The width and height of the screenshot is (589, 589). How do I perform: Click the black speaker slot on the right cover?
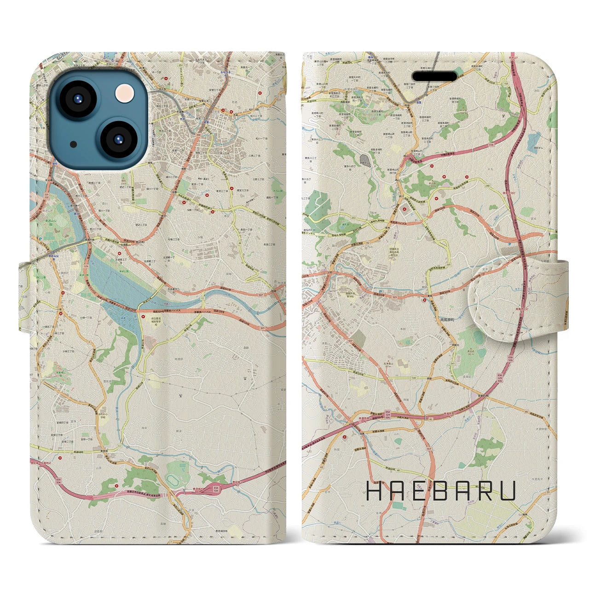click(x=434, y=75)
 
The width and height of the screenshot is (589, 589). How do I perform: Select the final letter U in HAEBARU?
click(x=508, y=491)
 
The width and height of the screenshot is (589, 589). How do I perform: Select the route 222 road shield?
click(x=340, y=217)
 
